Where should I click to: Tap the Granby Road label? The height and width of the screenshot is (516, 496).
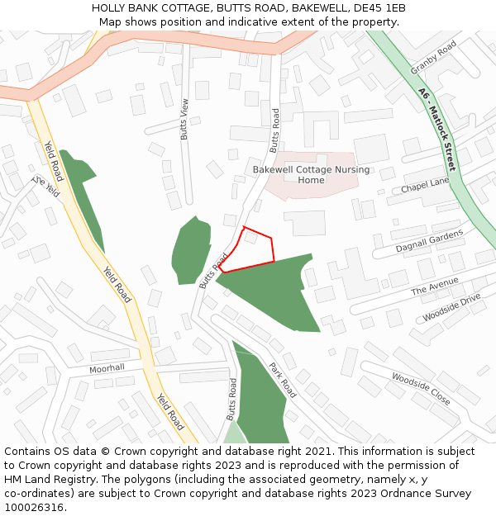433,58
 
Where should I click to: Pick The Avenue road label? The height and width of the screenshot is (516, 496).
434,286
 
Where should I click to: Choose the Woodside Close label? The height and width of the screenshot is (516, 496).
421,388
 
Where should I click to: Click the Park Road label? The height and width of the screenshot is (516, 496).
282,377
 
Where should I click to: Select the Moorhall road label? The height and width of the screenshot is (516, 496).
107,368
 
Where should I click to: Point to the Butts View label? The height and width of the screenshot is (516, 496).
185,119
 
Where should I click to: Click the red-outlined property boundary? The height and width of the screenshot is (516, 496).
250,252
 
